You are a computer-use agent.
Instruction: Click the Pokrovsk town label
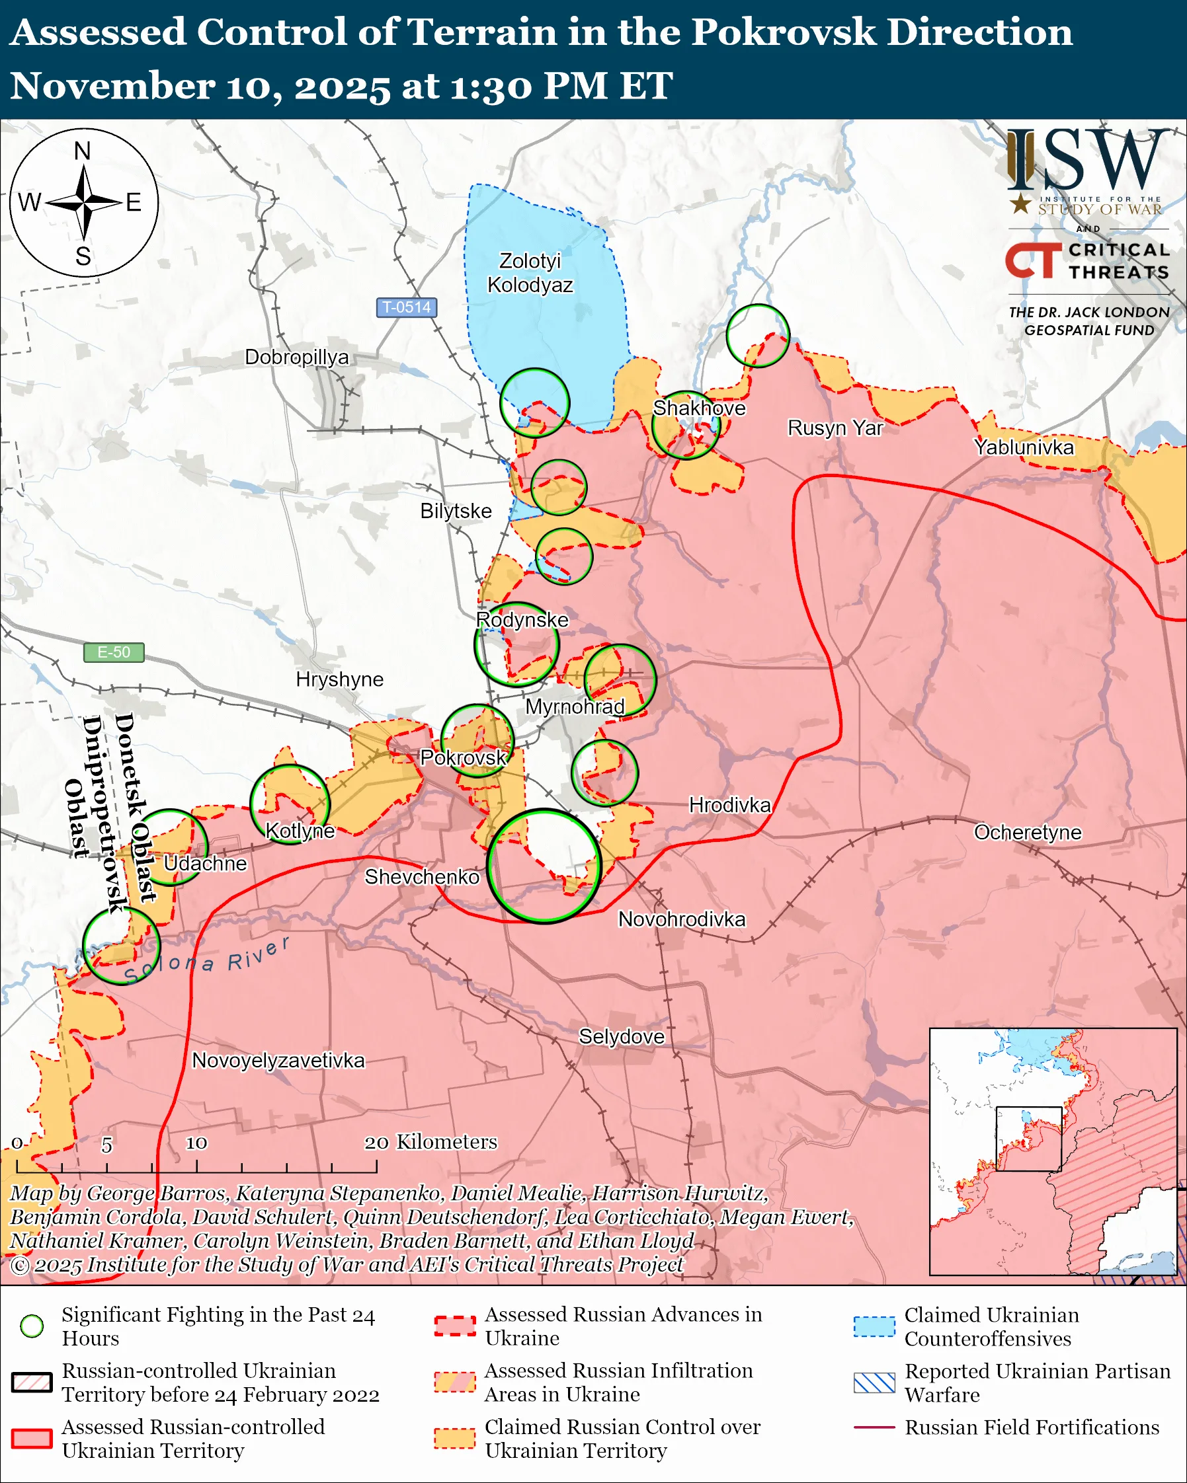pos(463,758)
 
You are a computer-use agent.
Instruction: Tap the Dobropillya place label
pos(296,358)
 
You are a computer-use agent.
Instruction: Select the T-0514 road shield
pos(406,307)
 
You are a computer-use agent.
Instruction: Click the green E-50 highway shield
pos(114,652)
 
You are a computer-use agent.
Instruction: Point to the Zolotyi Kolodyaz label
pos(530,273)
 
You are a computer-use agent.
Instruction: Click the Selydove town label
pos(622,1037)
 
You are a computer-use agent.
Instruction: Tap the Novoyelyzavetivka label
pos(278,1060)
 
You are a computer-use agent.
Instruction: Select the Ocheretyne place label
pos(1028,832)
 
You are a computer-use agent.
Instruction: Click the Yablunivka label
pos(1023,448)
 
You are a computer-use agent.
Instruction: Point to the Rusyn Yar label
pos(835,428)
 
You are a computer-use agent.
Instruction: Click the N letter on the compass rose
pos(83,151)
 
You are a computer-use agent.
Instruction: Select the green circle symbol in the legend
pos(32,1326)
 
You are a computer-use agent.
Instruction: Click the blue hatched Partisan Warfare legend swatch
pos(874,1383)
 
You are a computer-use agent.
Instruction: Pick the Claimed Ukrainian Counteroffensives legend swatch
pos(874,1326)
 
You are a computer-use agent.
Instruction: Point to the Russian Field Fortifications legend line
pos(874,1427)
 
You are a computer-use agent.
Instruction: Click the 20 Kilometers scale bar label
pos(430,1142)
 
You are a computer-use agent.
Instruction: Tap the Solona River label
pos(206,960)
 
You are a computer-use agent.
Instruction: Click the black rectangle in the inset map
pos(1029,1139)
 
